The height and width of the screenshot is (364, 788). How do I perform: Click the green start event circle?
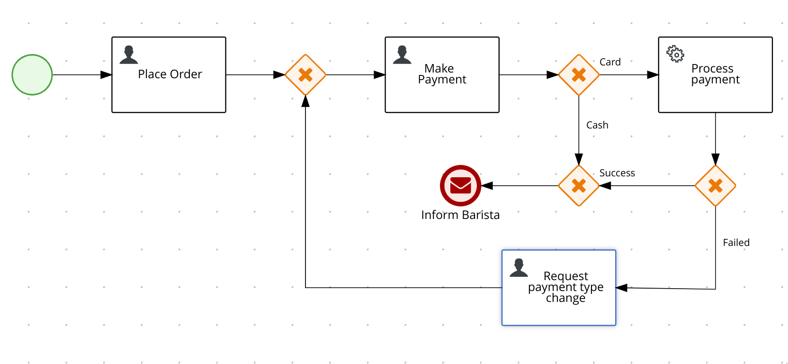pyautogui.click(x=32, y=75)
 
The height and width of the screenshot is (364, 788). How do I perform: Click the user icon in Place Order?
pyautogui.click(x=129, y=55)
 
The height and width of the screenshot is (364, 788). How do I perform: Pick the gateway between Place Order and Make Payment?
pyautogui.click(x=305, y=75)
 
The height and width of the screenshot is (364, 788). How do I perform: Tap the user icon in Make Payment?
pyautogui.click(x=402, y=55)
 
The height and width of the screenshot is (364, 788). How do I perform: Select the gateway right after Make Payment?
pyautogui.click(x=579, y=75)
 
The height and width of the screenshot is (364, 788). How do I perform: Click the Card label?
pyautogui.click(x=610, y=62)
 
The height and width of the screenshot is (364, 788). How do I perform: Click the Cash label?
pyautogui.click(x=597, y=125)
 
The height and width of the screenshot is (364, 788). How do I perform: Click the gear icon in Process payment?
pyautogui.click(x=675, y=54)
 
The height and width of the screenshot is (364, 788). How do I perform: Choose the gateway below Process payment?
pyautogui.click(x=715, y=186)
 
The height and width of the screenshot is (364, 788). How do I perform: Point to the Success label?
pyautogui.click(x=617, y=173)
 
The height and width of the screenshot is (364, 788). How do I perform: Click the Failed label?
pyautogui.click(x=736, y=243)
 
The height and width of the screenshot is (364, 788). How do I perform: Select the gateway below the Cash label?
pyautogui.click(x=579, y=186)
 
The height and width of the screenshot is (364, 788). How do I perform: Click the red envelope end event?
pyautogui.click(x=460, y=186)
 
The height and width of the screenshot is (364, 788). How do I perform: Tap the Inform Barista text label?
pyautogui.click(x=460, y=215)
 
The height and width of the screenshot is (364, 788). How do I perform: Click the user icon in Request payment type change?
pyautogui.click(x=519, y=268)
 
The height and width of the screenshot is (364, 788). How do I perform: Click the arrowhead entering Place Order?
pyautogui.click(x=107, y=75)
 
